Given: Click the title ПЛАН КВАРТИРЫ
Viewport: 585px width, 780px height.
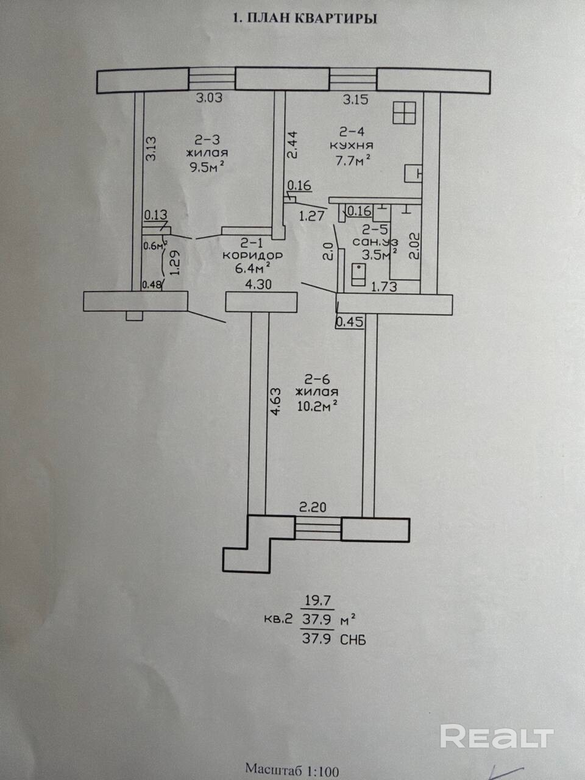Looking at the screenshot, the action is (311, 18).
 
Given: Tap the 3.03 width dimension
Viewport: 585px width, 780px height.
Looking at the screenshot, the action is (209, 97).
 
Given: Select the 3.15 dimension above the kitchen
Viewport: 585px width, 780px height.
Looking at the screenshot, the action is (355, 99).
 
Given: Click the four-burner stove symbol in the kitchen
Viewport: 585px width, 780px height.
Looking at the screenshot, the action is (404, 113).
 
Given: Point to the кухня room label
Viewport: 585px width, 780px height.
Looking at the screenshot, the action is (352, 146).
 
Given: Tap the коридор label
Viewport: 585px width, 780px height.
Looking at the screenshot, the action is (252, 255).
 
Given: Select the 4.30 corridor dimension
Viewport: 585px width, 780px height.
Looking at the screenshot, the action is (258, 285).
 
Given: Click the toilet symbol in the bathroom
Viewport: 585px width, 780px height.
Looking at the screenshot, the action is (359, 274).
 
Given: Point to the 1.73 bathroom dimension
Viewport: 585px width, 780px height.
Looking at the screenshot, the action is (384, 286).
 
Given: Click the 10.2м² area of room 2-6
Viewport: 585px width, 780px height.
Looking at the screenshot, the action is (317, 406).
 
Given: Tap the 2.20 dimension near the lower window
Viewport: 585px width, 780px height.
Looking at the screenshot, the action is (313, 507).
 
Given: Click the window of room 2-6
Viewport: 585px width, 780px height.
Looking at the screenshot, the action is (318, 529).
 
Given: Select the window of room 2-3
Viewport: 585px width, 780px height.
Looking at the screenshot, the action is (211, 79).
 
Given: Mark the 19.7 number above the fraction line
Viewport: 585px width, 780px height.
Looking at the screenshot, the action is (317, 601).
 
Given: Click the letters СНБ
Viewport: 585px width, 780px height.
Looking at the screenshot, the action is (353, 640).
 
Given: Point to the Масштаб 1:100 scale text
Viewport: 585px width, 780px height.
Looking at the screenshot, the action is (292, 768).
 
